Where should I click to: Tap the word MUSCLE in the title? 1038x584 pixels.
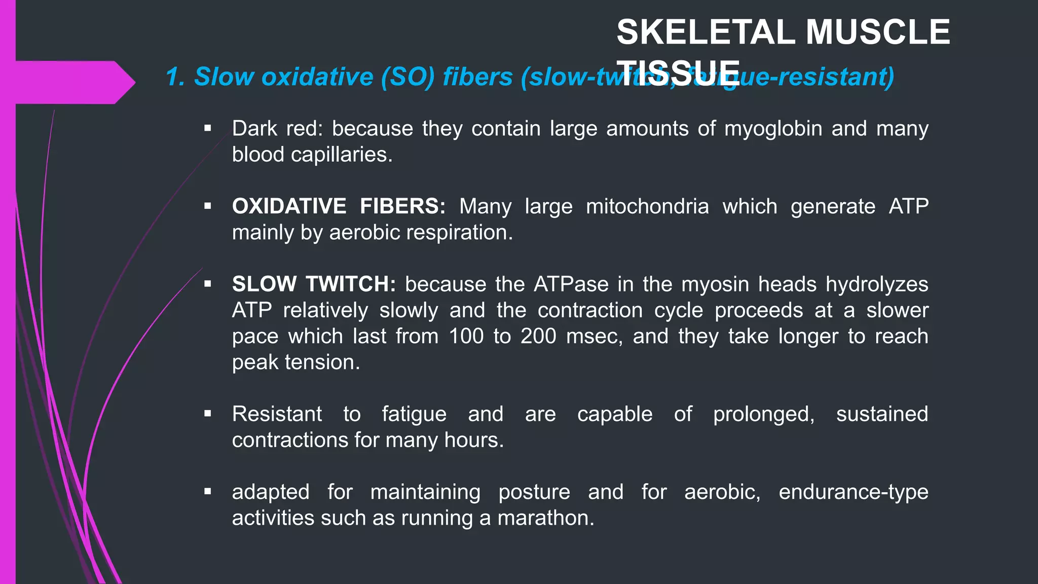point(878,32)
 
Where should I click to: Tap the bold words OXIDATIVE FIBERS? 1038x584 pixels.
point(339,206)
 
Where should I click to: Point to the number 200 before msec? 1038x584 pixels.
point(538,336)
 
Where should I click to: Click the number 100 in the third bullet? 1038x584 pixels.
point(466,336)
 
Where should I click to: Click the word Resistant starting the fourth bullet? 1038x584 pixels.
point(277,414)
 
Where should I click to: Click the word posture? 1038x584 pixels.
point(534,492)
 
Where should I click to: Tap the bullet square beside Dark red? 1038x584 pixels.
point(207,129)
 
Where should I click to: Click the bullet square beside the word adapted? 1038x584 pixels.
point(207,492)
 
